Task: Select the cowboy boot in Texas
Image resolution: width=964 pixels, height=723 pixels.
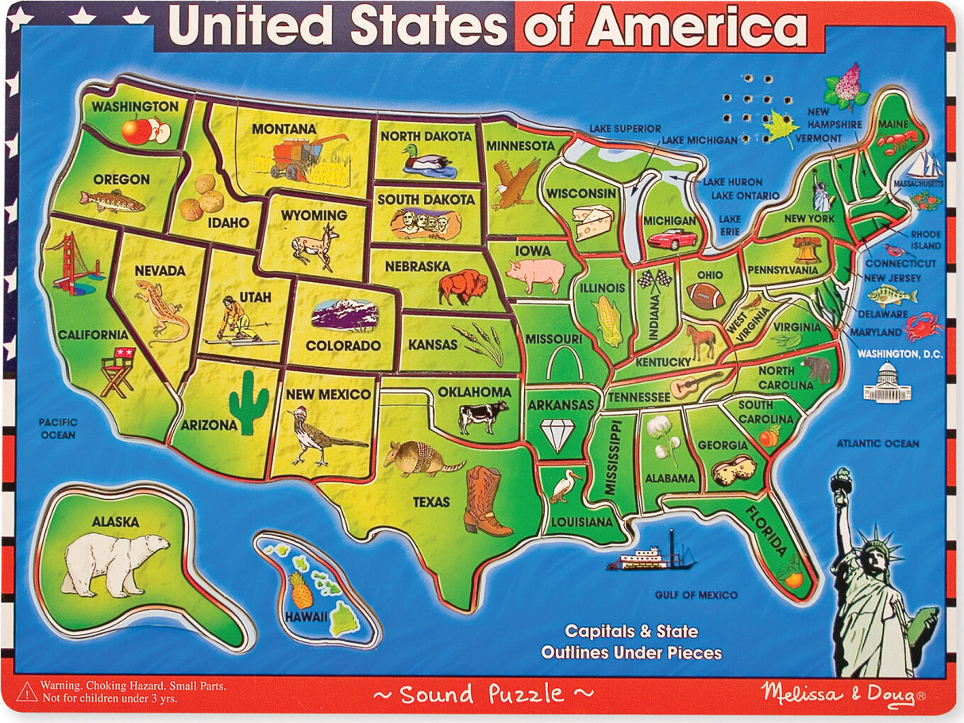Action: click(x=486, y=501)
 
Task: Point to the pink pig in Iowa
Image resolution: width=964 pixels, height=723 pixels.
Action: click(x=535, y=274)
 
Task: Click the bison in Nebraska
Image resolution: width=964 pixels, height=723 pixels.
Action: click(x=464, y=288)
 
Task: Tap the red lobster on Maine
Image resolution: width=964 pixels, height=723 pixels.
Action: click(x=898, y=141)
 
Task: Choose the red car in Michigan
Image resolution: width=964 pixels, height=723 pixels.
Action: click(x=673, y=238)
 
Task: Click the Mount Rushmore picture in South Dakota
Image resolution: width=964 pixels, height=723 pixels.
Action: click(x=425, y=224)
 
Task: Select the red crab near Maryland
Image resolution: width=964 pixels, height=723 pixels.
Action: click(x=923, y=326)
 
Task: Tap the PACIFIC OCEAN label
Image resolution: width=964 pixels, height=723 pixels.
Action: click(x=58, y=429)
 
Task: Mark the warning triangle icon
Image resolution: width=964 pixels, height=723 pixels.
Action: click(x=26, y=690)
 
